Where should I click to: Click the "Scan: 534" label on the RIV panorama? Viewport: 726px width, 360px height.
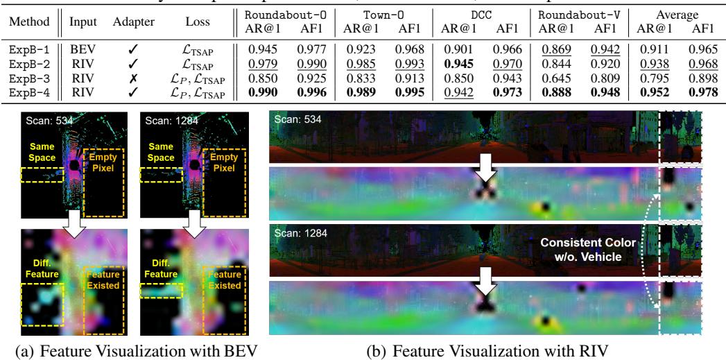(x=296, y=120)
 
